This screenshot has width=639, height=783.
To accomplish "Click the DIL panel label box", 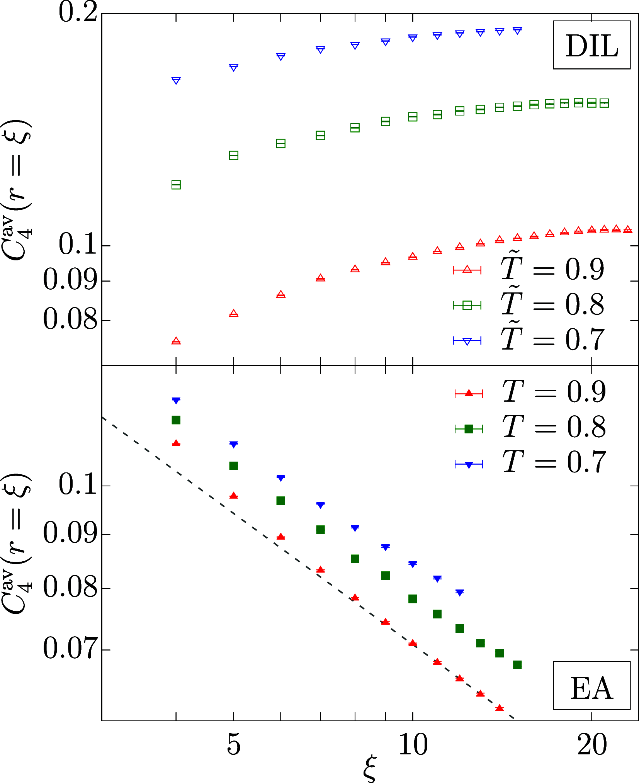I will point(591,45).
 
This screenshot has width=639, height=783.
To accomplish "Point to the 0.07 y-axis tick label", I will point(70,649).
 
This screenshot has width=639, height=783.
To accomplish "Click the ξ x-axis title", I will point(369,771).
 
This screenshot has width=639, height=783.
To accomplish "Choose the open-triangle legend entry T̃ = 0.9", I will point(529,269).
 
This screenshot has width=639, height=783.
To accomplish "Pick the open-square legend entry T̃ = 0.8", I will point(529,305).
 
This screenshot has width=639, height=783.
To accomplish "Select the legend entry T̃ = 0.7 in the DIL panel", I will point(529,340).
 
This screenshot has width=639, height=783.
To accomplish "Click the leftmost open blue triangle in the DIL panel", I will point(176,80).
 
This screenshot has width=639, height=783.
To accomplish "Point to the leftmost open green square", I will point(176,185).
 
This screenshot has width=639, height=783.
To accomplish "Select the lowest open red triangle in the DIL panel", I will point(176,341).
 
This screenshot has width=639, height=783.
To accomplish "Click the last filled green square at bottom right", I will point(517,665).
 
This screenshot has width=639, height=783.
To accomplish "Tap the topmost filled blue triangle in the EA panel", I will point(176,401).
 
